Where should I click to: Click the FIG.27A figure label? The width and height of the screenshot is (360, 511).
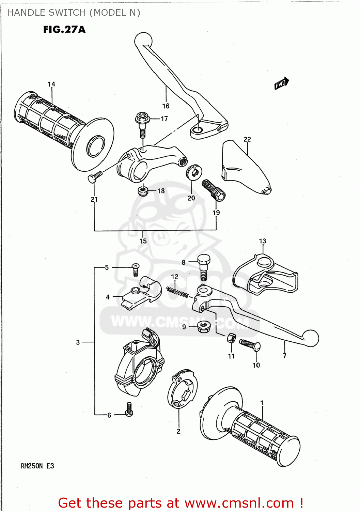(64, 30)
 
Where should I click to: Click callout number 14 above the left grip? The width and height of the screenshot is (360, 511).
(51, 84)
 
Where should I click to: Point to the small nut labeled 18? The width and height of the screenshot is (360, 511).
(143, 191)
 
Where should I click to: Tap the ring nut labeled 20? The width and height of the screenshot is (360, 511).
(194, 171)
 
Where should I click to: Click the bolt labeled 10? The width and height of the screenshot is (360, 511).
(250, 344)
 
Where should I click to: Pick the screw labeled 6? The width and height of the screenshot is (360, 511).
(129, 409)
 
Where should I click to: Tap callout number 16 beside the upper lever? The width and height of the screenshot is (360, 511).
(166, 106)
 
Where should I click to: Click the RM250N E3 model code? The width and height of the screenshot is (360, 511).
(37, 466)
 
